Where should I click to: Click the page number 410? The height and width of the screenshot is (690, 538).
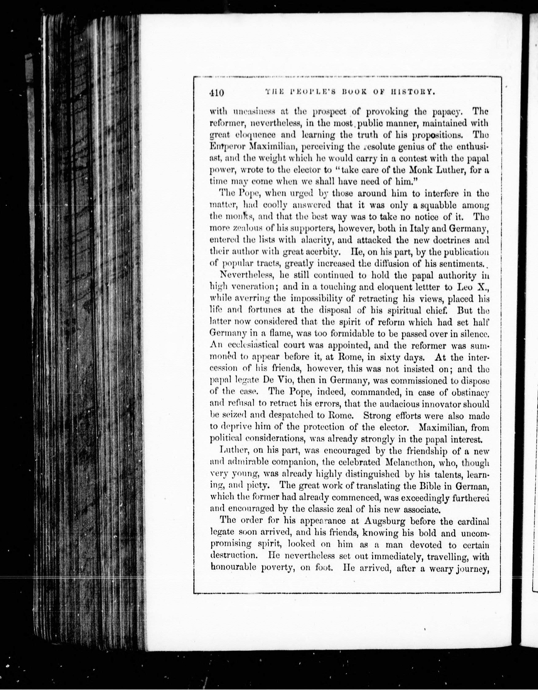[216, 93]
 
